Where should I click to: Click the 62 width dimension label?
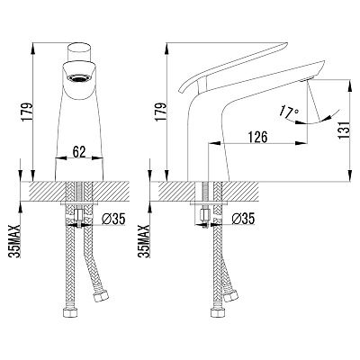(79, 152)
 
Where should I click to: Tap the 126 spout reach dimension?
(258, 137)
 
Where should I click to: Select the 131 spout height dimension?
(344, 130)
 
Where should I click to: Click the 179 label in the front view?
(27, 112)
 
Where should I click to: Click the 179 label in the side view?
(160, 112)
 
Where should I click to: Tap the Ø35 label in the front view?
(113, 220)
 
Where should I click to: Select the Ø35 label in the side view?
(243, 219)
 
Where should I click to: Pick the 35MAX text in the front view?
(14, 241)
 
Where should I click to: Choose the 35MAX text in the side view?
(144, 241)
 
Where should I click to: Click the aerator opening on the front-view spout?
(79, 78)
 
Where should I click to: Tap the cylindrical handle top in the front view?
(79, 52)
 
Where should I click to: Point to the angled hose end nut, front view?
(100, 297)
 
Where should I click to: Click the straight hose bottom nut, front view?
(71, 312)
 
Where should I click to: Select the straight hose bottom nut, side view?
(218, 312)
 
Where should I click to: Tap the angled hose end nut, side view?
(230, 295)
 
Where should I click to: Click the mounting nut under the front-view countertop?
(79, 215)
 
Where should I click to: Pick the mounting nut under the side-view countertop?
(205, 215)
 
